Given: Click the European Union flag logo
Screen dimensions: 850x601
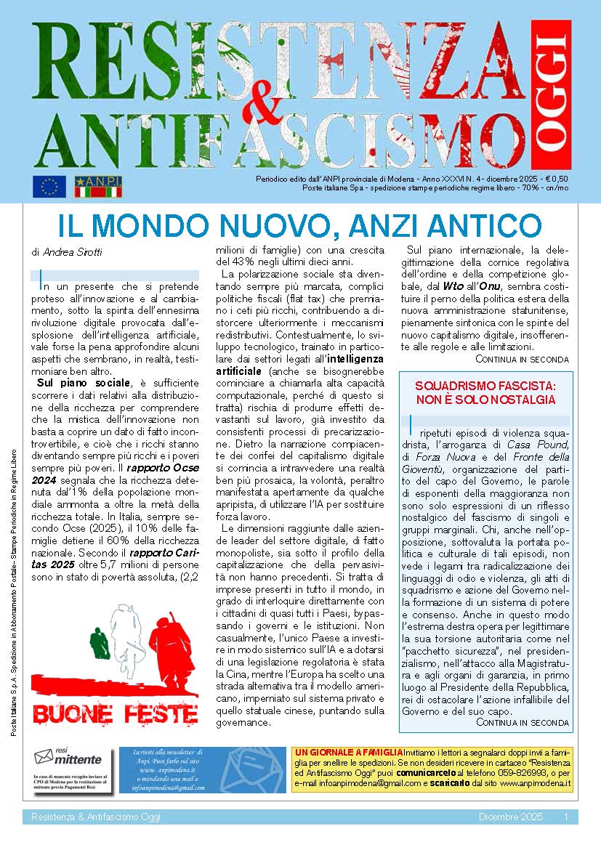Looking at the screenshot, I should (x=49, y=187).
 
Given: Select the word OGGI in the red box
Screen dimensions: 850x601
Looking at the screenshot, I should (x=550, y=93).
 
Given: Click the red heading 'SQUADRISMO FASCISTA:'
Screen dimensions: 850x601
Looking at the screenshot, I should (x=485, y=385).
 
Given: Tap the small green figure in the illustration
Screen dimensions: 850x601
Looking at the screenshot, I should (x=98, y=643).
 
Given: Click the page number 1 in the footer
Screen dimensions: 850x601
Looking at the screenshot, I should (x=565, y=818).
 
